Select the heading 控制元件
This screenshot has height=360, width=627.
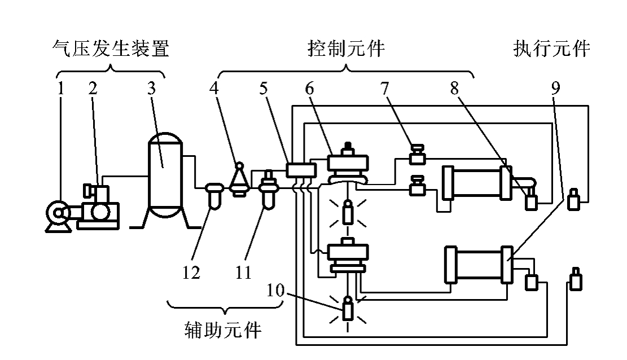click(346, 50)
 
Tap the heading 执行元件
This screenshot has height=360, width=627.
click(551, 50)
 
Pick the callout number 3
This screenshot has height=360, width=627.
click(151, 88)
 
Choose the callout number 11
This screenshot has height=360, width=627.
click(243, 273)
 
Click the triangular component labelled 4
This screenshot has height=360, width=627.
click(239, 181)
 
